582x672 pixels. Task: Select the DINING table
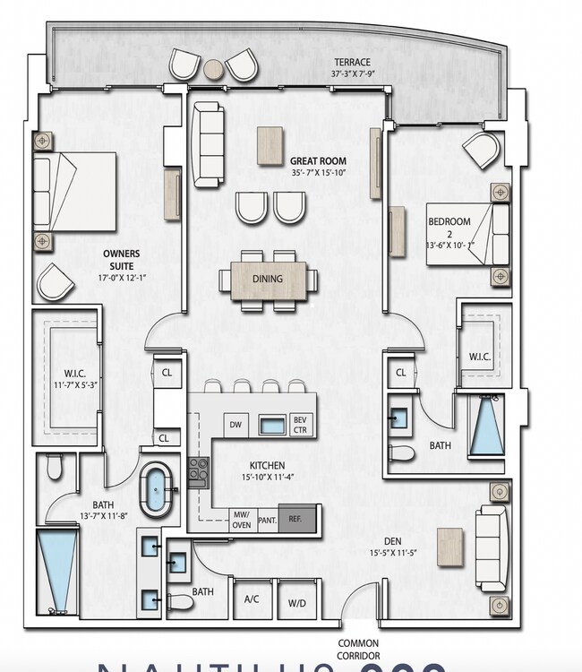(x=268, y=280)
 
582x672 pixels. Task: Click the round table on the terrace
(x=214, y=69)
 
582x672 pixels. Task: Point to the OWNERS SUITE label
(x=121, y=260)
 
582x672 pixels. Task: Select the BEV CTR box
(x=300, y=425)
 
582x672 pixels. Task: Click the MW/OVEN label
(x=240, y=520)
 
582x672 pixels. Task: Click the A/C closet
(x=252, y=602)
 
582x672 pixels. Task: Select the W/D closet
(x=297, y=602)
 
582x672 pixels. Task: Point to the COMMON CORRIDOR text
(x=358, y=649)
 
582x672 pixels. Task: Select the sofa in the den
(x=492, y=547)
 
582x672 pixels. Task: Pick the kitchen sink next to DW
(x=272, y=425)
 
